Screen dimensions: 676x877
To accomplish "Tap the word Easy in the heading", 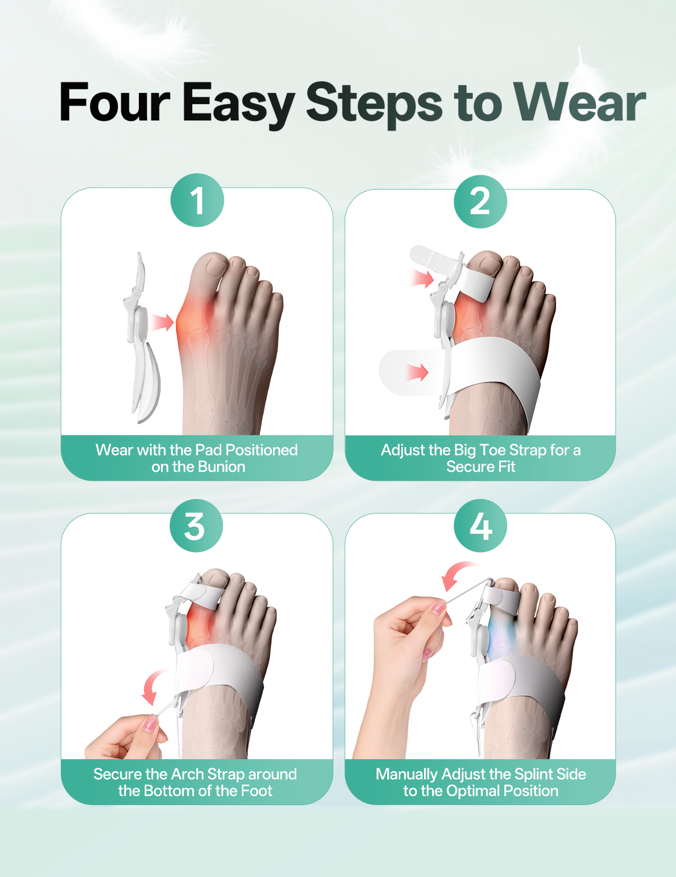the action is (238, 105).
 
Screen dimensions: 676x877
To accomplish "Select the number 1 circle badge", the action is (197, 200).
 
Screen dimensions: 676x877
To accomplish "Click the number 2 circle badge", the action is (480, 201).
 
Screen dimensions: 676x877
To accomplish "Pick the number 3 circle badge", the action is (196, 526).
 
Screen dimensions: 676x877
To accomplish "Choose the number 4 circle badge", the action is (480, 526).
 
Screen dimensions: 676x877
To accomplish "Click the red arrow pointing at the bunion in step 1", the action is (162, 322).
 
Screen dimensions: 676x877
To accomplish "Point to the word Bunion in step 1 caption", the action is (221, 467).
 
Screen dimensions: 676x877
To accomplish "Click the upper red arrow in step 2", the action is (422, 278).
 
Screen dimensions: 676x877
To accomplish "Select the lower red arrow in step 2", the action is (417, 372).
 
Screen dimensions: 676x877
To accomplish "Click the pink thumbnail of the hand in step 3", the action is (150, 724).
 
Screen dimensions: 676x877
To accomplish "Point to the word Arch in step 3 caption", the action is (188, 774).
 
